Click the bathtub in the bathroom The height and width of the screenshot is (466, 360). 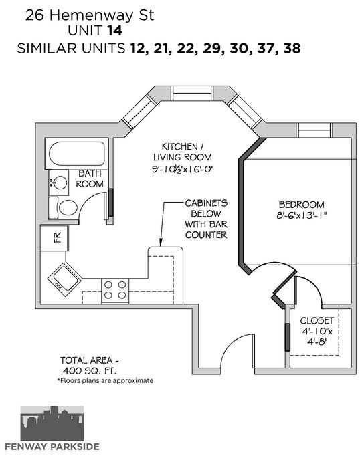click(x=76, y=154)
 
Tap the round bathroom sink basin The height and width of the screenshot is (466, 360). click(x=60, y=183)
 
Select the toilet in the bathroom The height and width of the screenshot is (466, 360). click(x=64, y=208)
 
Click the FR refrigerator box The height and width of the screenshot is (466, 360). click(x=54, y=239)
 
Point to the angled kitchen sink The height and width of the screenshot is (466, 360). click(x=64, y=279)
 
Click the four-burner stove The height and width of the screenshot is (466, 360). click(x=115, y=290)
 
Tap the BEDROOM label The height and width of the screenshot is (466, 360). click(x=301, y=205)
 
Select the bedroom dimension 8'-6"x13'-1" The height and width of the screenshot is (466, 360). click(x=301, y=215)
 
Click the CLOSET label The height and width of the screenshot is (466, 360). click(x=317, y=320)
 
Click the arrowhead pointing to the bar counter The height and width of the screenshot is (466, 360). click(x=161, y=243)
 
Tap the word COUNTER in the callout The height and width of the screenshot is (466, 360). click(x=206, y=235)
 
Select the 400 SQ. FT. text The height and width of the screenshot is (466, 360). click(x=90, y=371)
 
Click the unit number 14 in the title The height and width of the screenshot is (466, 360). click(x=114, y=31)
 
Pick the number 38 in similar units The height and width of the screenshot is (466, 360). click(x=292, y=48)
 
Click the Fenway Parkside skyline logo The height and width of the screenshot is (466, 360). click(x=52, y=423)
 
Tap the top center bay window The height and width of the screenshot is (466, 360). click(x=193, y=94)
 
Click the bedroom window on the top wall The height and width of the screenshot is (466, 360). click(x=314, y=130)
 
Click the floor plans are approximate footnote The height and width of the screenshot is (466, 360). click(x=105, y=380)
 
